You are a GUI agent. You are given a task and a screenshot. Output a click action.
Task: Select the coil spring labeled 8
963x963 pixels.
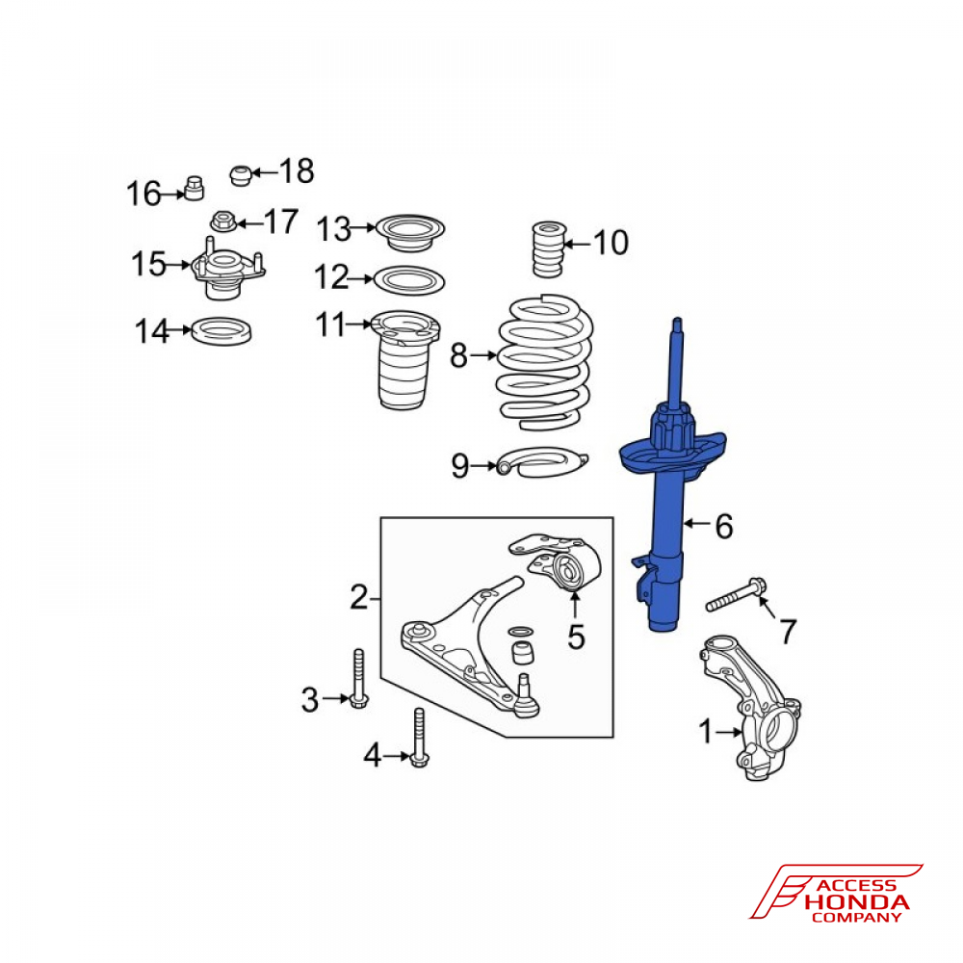point(544,362)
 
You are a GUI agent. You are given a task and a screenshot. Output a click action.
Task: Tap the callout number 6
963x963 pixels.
point(724,527)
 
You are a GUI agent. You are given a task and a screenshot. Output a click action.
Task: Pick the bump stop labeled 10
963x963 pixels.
point(548,248)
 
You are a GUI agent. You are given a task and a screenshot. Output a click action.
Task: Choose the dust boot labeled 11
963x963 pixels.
point(404,359)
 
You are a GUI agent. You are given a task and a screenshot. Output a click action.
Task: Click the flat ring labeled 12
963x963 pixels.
point(409,279)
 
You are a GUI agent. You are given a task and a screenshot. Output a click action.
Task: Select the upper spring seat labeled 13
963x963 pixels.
point(409,231)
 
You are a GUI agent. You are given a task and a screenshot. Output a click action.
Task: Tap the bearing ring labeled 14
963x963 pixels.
point(221,331)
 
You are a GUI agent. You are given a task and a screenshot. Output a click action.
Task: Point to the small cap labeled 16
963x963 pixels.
point(195,188)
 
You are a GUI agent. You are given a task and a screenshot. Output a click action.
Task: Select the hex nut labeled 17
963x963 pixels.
point(223,221)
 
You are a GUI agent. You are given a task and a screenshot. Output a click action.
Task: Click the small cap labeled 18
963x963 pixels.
point(242,175)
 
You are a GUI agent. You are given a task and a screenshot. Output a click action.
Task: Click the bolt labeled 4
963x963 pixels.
point(420,737)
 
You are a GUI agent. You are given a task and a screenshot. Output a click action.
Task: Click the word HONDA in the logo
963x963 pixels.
point(857,903)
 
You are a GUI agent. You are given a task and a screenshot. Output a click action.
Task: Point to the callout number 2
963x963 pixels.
point(359,597)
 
